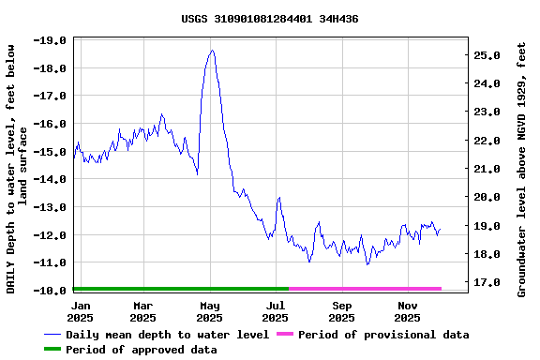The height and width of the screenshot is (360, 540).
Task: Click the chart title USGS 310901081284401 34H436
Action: tap(269, 19)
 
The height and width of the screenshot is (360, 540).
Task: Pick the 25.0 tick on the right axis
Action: tap(487, 55)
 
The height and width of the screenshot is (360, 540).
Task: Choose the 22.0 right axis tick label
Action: tap(487, 141)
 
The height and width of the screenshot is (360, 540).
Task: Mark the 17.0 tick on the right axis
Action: tap(487, 282)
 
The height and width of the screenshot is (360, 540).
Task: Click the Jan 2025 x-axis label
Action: tap(82, 311)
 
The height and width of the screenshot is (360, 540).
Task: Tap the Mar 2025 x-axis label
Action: tap(143, 311)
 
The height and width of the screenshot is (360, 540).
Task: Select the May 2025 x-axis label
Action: tap(210, 311)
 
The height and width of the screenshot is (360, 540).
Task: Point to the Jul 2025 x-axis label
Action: tap(276, 311)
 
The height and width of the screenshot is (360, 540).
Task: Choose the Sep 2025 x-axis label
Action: tap(342, 311)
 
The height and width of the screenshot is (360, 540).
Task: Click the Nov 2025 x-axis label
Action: tap(408, 311)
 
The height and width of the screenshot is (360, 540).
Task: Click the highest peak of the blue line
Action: tap(212, 51)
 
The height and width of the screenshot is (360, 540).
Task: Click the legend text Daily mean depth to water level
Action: tap(168, 335)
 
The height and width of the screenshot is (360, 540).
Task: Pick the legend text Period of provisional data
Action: tap(383, 335)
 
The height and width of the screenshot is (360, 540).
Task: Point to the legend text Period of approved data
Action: tap(142, 350)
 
